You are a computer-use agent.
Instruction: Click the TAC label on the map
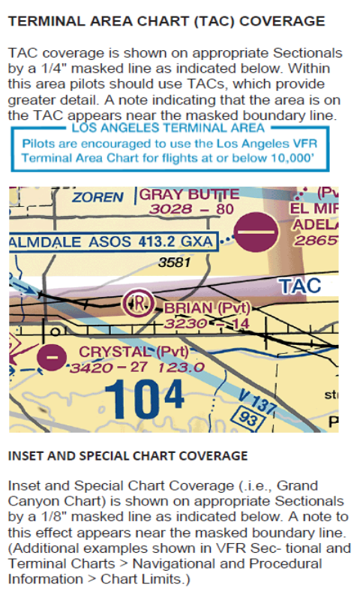[x=299, y=286]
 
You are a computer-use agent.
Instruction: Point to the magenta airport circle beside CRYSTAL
[x=50, y=358]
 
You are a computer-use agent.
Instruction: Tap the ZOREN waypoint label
[x=97, y=197]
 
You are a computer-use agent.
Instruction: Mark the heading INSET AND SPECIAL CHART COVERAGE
[x=127, y=455]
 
